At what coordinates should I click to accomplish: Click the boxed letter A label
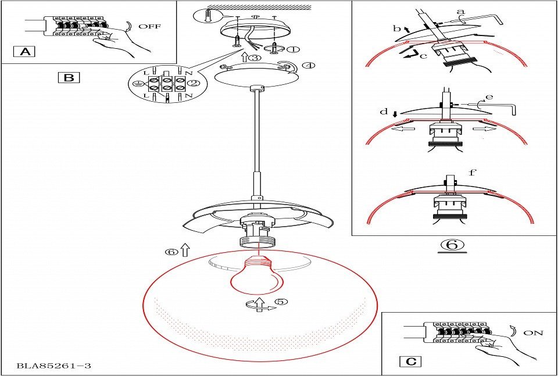point(24,52)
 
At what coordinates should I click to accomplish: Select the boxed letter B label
point(69,77)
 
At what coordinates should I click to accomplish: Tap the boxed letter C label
point(411,361)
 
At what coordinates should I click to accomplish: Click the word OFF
point(149,26)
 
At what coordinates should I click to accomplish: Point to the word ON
point(533,333)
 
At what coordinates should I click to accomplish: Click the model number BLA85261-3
point(54,366)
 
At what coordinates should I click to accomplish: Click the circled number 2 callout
point(194,83)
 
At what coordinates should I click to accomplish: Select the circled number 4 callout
point(309,65)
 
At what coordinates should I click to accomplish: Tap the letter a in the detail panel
point(461,11)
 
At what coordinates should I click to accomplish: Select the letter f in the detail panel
point(472,172)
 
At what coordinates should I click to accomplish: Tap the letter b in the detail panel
point(396,27)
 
